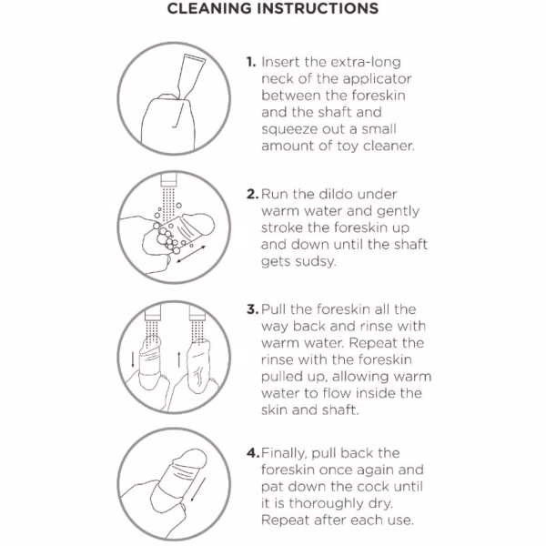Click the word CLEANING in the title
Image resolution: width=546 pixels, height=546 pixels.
coord(209,8)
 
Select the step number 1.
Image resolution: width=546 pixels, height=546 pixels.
coord(251,62)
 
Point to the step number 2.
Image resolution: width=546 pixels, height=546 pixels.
coord(252,194)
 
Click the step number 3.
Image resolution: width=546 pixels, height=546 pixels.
coord(252,309)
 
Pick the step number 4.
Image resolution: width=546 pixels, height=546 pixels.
coord(253,452)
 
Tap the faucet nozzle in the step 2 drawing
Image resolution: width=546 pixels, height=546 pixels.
coord(169,179)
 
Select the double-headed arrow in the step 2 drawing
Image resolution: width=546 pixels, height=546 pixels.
coord(191,255)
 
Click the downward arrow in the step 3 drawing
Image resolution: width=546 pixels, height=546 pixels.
coord(132,359)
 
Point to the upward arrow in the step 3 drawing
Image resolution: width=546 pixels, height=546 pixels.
coord(178,359)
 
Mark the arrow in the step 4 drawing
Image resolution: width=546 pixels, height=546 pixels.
coord(197,490)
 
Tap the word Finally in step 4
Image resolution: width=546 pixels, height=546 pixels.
coord(284,453)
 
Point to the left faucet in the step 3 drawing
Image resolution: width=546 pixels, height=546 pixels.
coord(153,312)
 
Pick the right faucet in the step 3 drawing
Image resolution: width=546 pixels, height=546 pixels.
coord(197,312)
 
